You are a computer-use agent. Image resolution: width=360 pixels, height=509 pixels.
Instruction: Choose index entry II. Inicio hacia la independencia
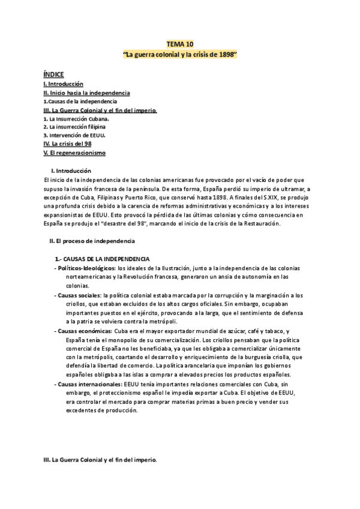pyautogui.click(x=86, y=93)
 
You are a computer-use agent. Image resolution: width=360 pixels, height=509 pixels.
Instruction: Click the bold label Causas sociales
pyautogui.click(x=79, y=295)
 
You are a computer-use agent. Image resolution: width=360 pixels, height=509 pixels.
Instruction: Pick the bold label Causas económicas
pyautogui.click(x=83, y=331)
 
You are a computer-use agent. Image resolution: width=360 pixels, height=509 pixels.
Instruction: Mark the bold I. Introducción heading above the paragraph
pyautogui.click(x=71, y=170)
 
